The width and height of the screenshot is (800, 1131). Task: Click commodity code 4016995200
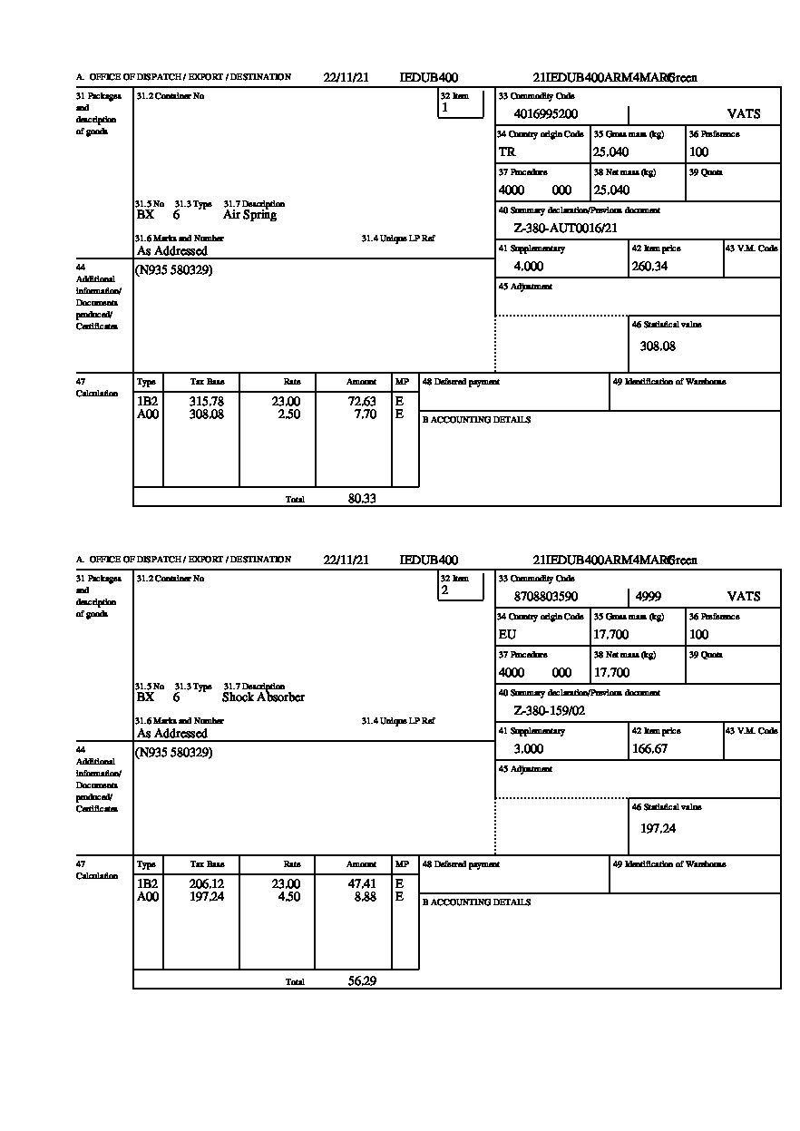(545, 114)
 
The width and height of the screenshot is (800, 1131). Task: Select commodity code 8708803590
(545, 597)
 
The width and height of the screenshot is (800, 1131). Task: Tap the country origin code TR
(507, 152)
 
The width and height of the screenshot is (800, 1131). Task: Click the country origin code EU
(507, 635)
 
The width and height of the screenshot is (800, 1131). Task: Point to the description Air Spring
(249, 215)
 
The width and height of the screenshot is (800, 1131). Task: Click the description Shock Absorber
(263, 697)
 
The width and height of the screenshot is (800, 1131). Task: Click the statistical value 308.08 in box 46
(658, 346)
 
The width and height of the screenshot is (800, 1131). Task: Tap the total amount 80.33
(362, 498)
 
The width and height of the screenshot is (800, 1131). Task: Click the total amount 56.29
(362, 980)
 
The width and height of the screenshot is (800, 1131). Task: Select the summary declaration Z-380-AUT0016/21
(565, 229)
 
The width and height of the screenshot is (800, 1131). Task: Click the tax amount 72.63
(362, 401)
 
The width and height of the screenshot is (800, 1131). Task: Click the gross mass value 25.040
(610, 152)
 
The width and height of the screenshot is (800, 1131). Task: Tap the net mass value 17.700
(611, 673)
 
